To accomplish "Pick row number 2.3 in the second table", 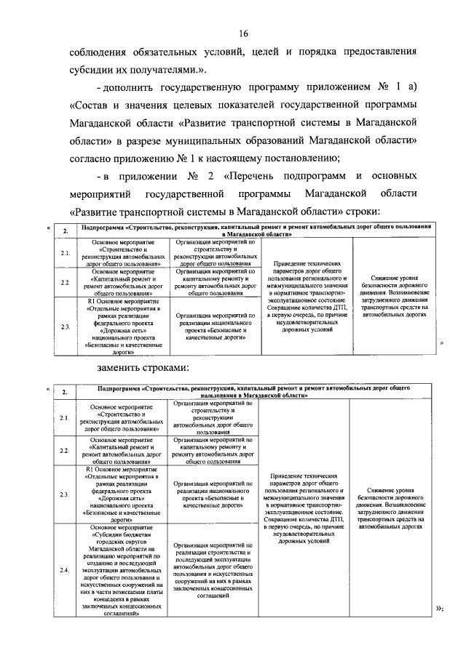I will pos(65,494).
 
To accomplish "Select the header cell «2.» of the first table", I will pos(65,231).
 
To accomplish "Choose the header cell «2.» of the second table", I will pos(65,393).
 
